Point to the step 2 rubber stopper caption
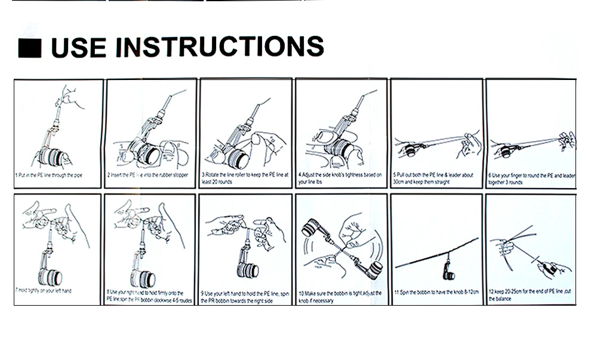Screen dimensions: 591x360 click(x=147, y=176)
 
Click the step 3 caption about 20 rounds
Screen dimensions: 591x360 click(x=245, y=178)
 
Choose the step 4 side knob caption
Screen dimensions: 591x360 click(x=340, y=178)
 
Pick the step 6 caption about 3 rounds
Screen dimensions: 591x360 click(x=531, y=179)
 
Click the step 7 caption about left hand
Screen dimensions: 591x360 click(x=44, y=291)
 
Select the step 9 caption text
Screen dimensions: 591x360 click(x=244, y=296)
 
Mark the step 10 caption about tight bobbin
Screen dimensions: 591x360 click(x=340, y=296)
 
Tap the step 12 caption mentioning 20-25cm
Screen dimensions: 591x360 click(x=531, y=295)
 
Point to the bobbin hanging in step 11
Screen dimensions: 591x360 click(x=448, y=274)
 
